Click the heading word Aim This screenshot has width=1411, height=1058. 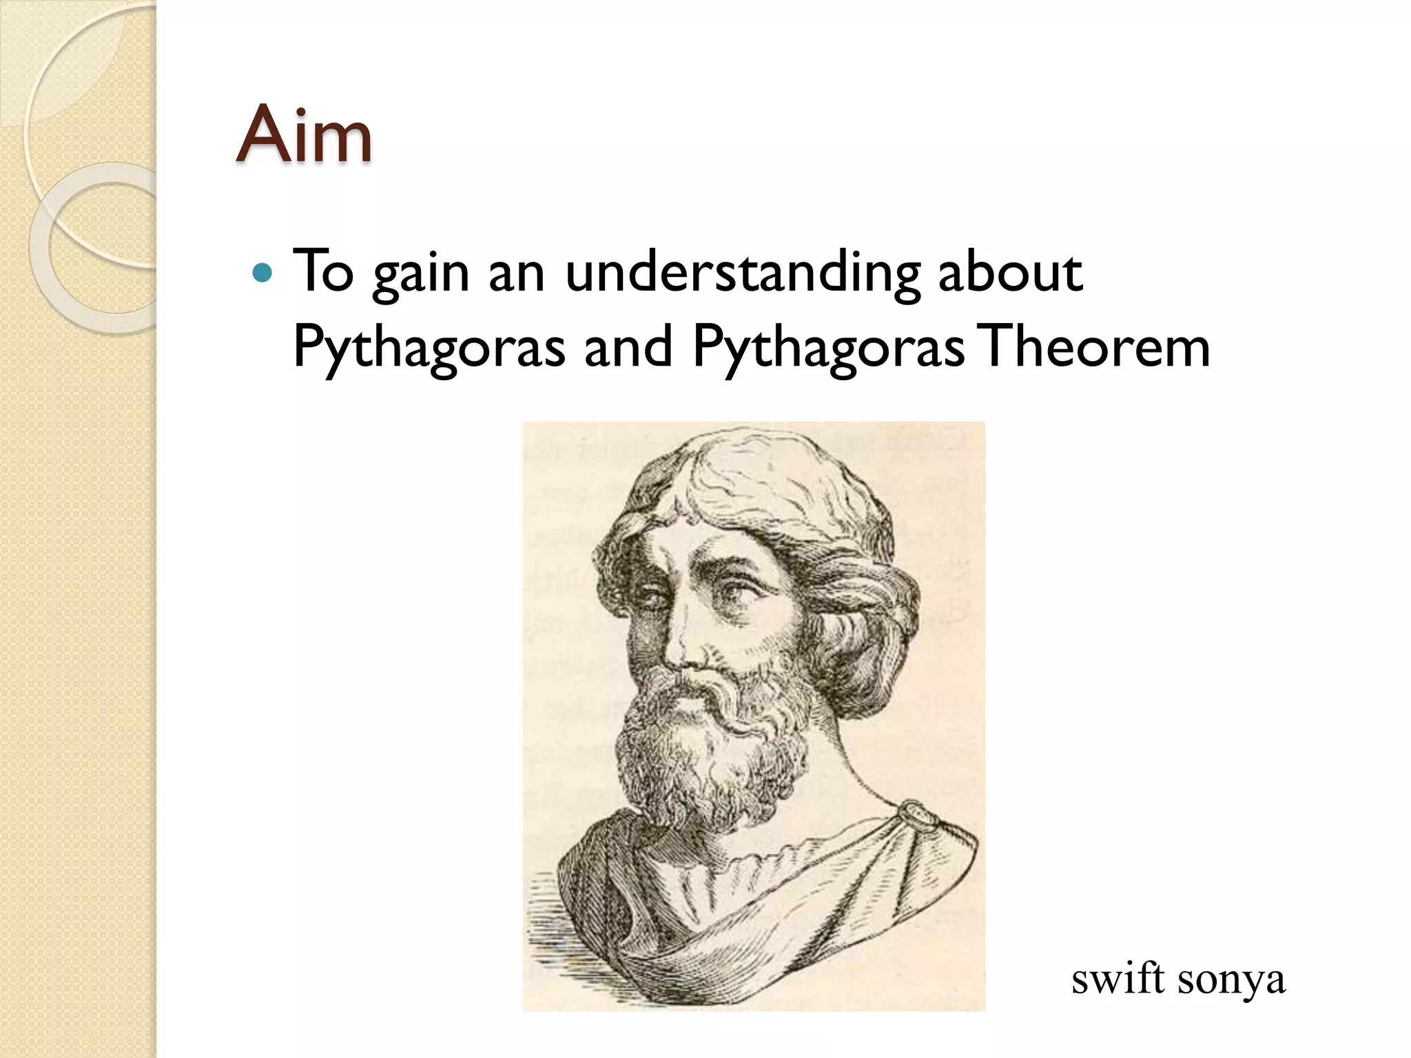[304, 135]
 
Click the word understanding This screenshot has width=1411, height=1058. [743, 273]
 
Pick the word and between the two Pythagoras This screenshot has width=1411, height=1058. [628, 346]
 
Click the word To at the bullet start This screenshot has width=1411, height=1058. [323, 272]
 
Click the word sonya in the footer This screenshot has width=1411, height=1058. [1231, 981]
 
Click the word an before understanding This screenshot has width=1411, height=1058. [516, 273]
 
